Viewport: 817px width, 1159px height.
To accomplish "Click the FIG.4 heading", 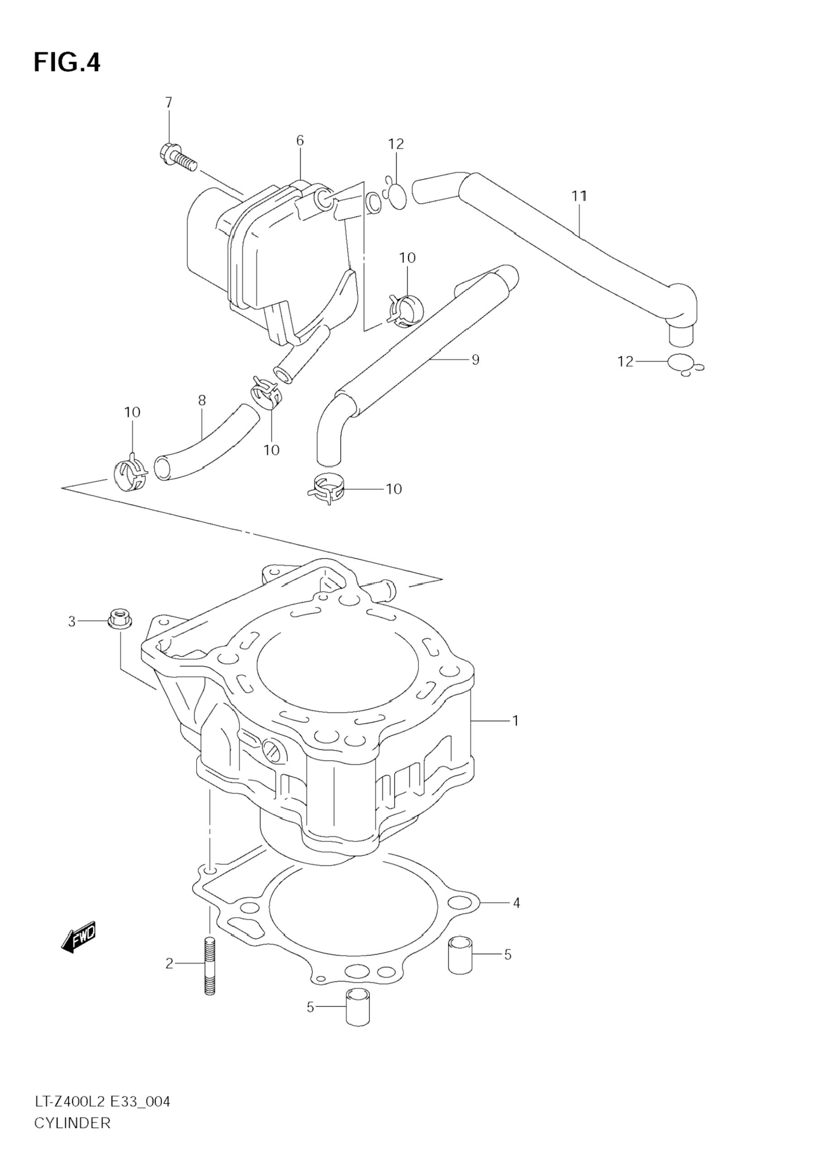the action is click(67, 63).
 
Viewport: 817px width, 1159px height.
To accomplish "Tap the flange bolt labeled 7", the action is click(178, 156).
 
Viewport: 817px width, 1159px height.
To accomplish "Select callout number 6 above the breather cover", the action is click(300, 141).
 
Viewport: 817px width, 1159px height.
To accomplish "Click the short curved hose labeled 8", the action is click(206, 443).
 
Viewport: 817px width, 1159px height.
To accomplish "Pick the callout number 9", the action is click(475, 359).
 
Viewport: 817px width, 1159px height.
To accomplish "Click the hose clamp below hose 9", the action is click(326, 489).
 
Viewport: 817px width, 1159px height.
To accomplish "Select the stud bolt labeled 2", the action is click(210, 965).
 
